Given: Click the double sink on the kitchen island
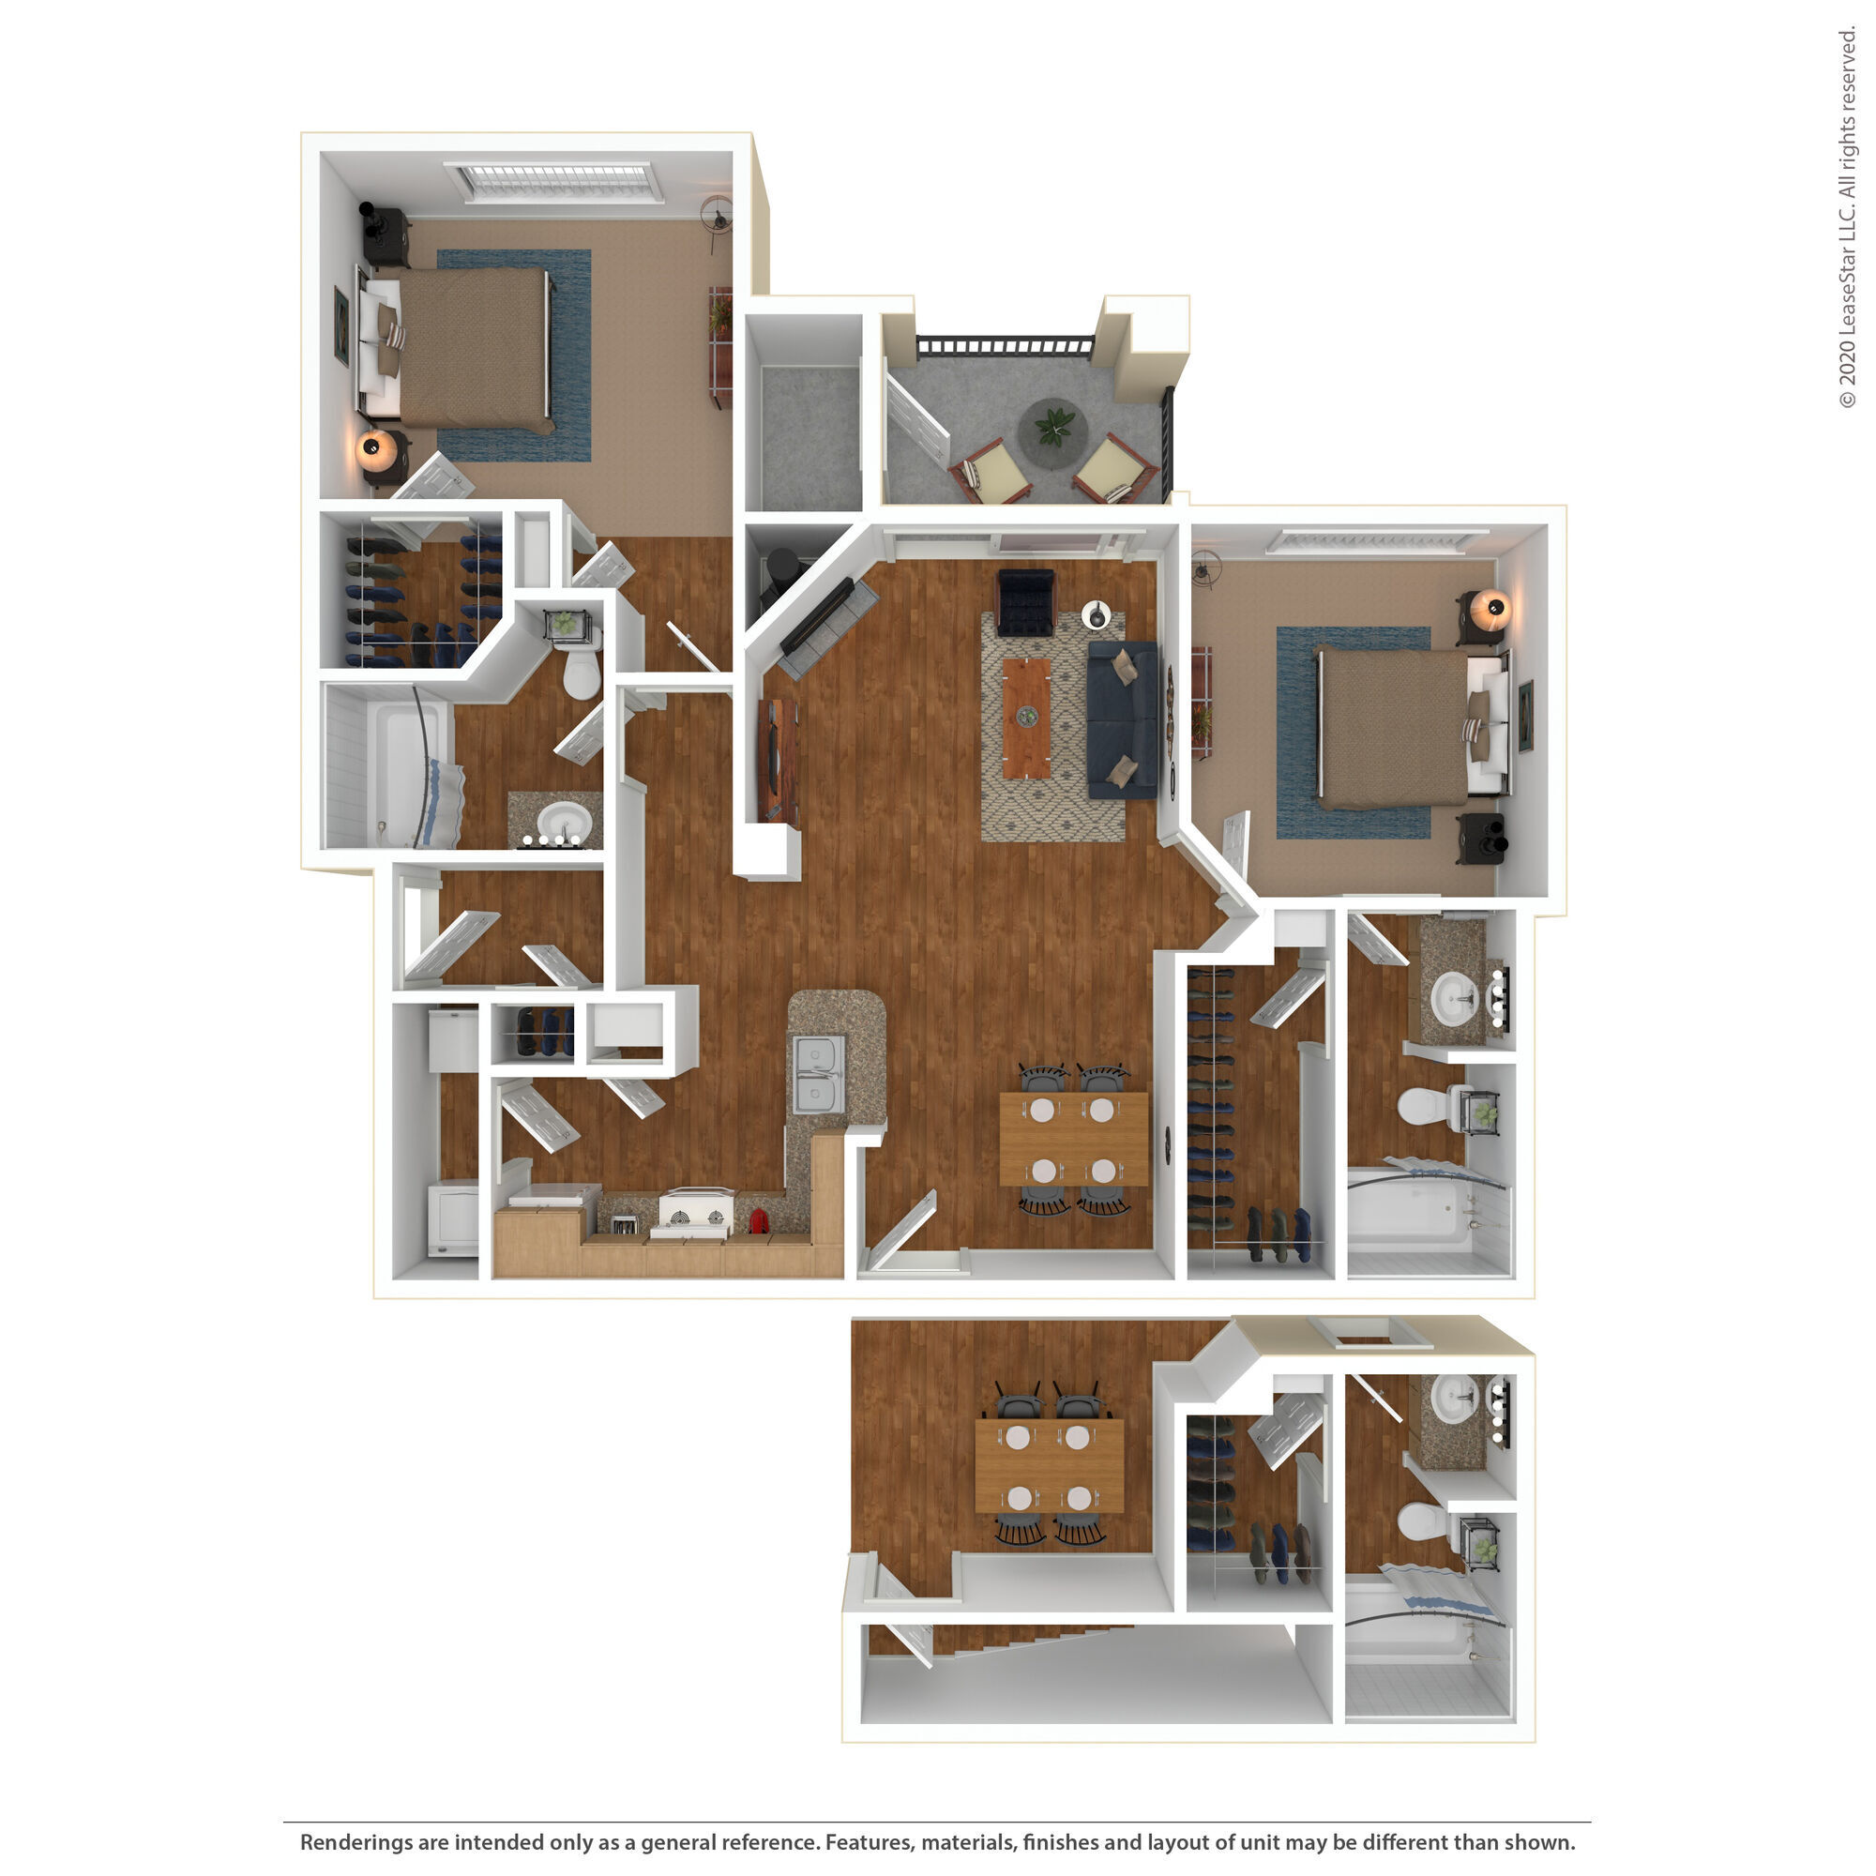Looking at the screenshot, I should point(819,1075).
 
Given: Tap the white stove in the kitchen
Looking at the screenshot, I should point(694,1214).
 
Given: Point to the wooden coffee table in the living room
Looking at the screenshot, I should point(1026,718).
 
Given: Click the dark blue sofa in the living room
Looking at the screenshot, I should point(1123,719).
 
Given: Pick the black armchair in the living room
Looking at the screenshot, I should point(1025,601).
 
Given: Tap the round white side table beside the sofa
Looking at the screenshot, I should point(1097,614).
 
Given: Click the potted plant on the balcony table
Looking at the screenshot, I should point(1053,424).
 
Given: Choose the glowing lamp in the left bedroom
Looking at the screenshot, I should point(373,447).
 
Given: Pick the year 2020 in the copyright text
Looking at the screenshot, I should point(1846,360).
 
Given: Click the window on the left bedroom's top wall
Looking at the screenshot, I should point(552,181).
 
